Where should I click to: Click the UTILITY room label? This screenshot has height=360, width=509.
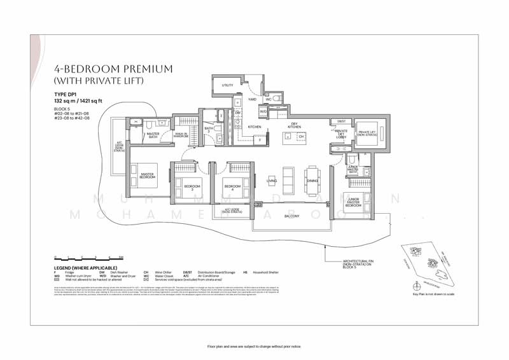tap(227, 85)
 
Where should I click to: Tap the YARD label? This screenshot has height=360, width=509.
tap(253, 99)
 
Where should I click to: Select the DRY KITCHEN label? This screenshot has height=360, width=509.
tap(294, 126)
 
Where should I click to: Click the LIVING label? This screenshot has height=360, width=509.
tap(271, 181)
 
